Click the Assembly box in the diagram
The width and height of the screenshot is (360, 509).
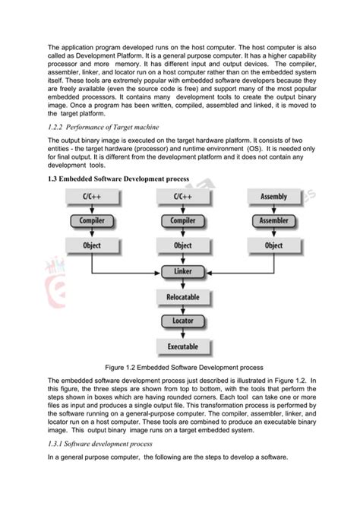click(273, 197)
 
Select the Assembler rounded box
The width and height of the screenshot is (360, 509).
click(273, 221)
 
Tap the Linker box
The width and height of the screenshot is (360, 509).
click(182, 271)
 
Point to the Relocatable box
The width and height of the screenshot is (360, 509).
click(182, 296)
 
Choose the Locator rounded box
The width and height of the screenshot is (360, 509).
click(182, 321)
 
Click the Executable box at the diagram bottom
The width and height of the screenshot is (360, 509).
click(182, 347)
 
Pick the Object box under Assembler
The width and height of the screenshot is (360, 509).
click(273, 245)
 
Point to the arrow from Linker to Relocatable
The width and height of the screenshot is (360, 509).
click(182, 283)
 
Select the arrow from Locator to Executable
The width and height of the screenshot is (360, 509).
click(182, 334)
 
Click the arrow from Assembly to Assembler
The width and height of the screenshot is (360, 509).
click(273, 209)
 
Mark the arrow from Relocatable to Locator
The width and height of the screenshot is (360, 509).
click(182, 308)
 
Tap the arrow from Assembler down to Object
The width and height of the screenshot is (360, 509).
click(273, 233)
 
